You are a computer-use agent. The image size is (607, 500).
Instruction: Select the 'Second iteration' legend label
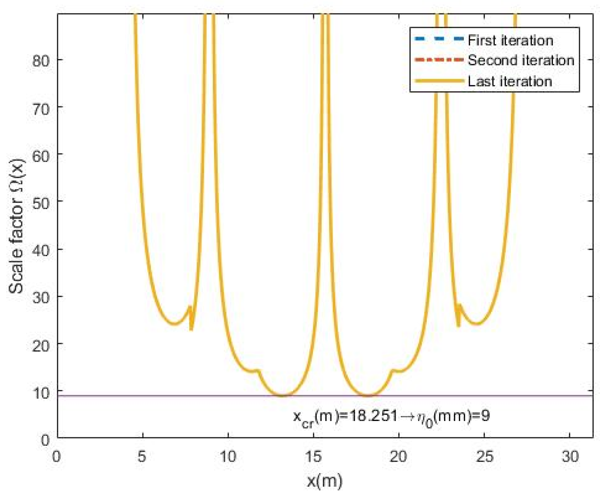click(521, 60)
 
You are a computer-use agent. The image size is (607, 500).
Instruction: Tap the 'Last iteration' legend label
click(510, 81)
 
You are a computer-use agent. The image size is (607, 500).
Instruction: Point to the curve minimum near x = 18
click(369, 395)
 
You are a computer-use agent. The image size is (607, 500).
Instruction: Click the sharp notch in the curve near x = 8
click(191, 329)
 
